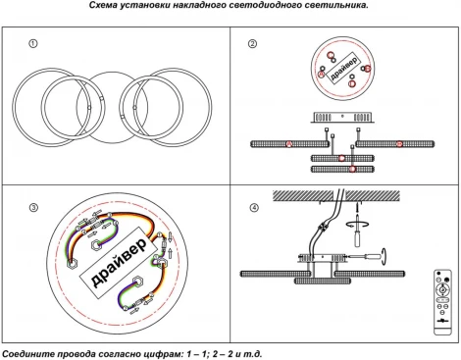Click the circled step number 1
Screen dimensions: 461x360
[33, 43]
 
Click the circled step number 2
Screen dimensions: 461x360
[252, 44]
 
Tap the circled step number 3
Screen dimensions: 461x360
[33, 208]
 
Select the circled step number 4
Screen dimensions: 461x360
[254, 208]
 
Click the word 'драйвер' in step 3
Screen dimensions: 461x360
[119, 263]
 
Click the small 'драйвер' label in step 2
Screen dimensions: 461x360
[343, 69]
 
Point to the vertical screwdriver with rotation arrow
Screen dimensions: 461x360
[357, 229]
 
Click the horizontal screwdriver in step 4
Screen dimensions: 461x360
[367, 257]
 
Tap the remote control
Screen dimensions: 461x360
[442, 302]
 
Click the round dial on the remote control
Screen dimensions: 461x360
[442, 289]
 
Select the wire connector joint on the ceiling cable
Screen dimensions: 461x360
[323, 227]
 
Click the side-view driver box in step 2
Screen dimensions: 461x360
[342, 118]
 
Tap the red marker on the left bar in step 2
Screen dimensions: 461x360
[288, 144]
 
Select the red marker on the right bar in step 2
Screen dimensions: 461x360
[399, 144]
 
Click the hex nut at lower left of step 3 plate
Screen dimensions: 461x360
[72, 264]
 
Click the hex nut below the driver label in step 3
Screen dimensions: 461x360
[137, 281]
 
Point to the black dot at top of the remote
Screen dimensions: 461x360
[438, 273]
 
